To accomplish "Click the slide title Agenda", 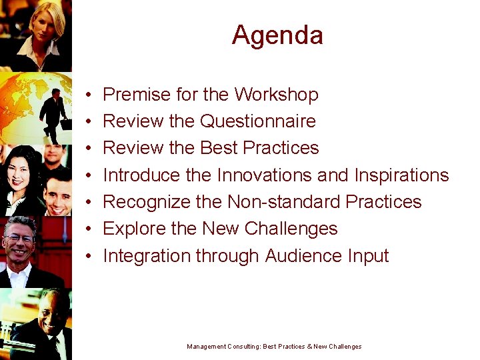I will [277, 35].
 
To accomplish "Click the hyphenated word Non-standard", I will [283, 202].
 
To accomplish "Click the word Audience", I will [303, 256].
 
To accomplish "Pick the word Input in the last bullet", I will [368, 256].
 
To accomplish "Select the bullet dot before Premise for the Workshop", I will [89, 95].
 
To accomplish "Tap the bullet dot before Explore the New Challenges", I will [89, 229].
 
